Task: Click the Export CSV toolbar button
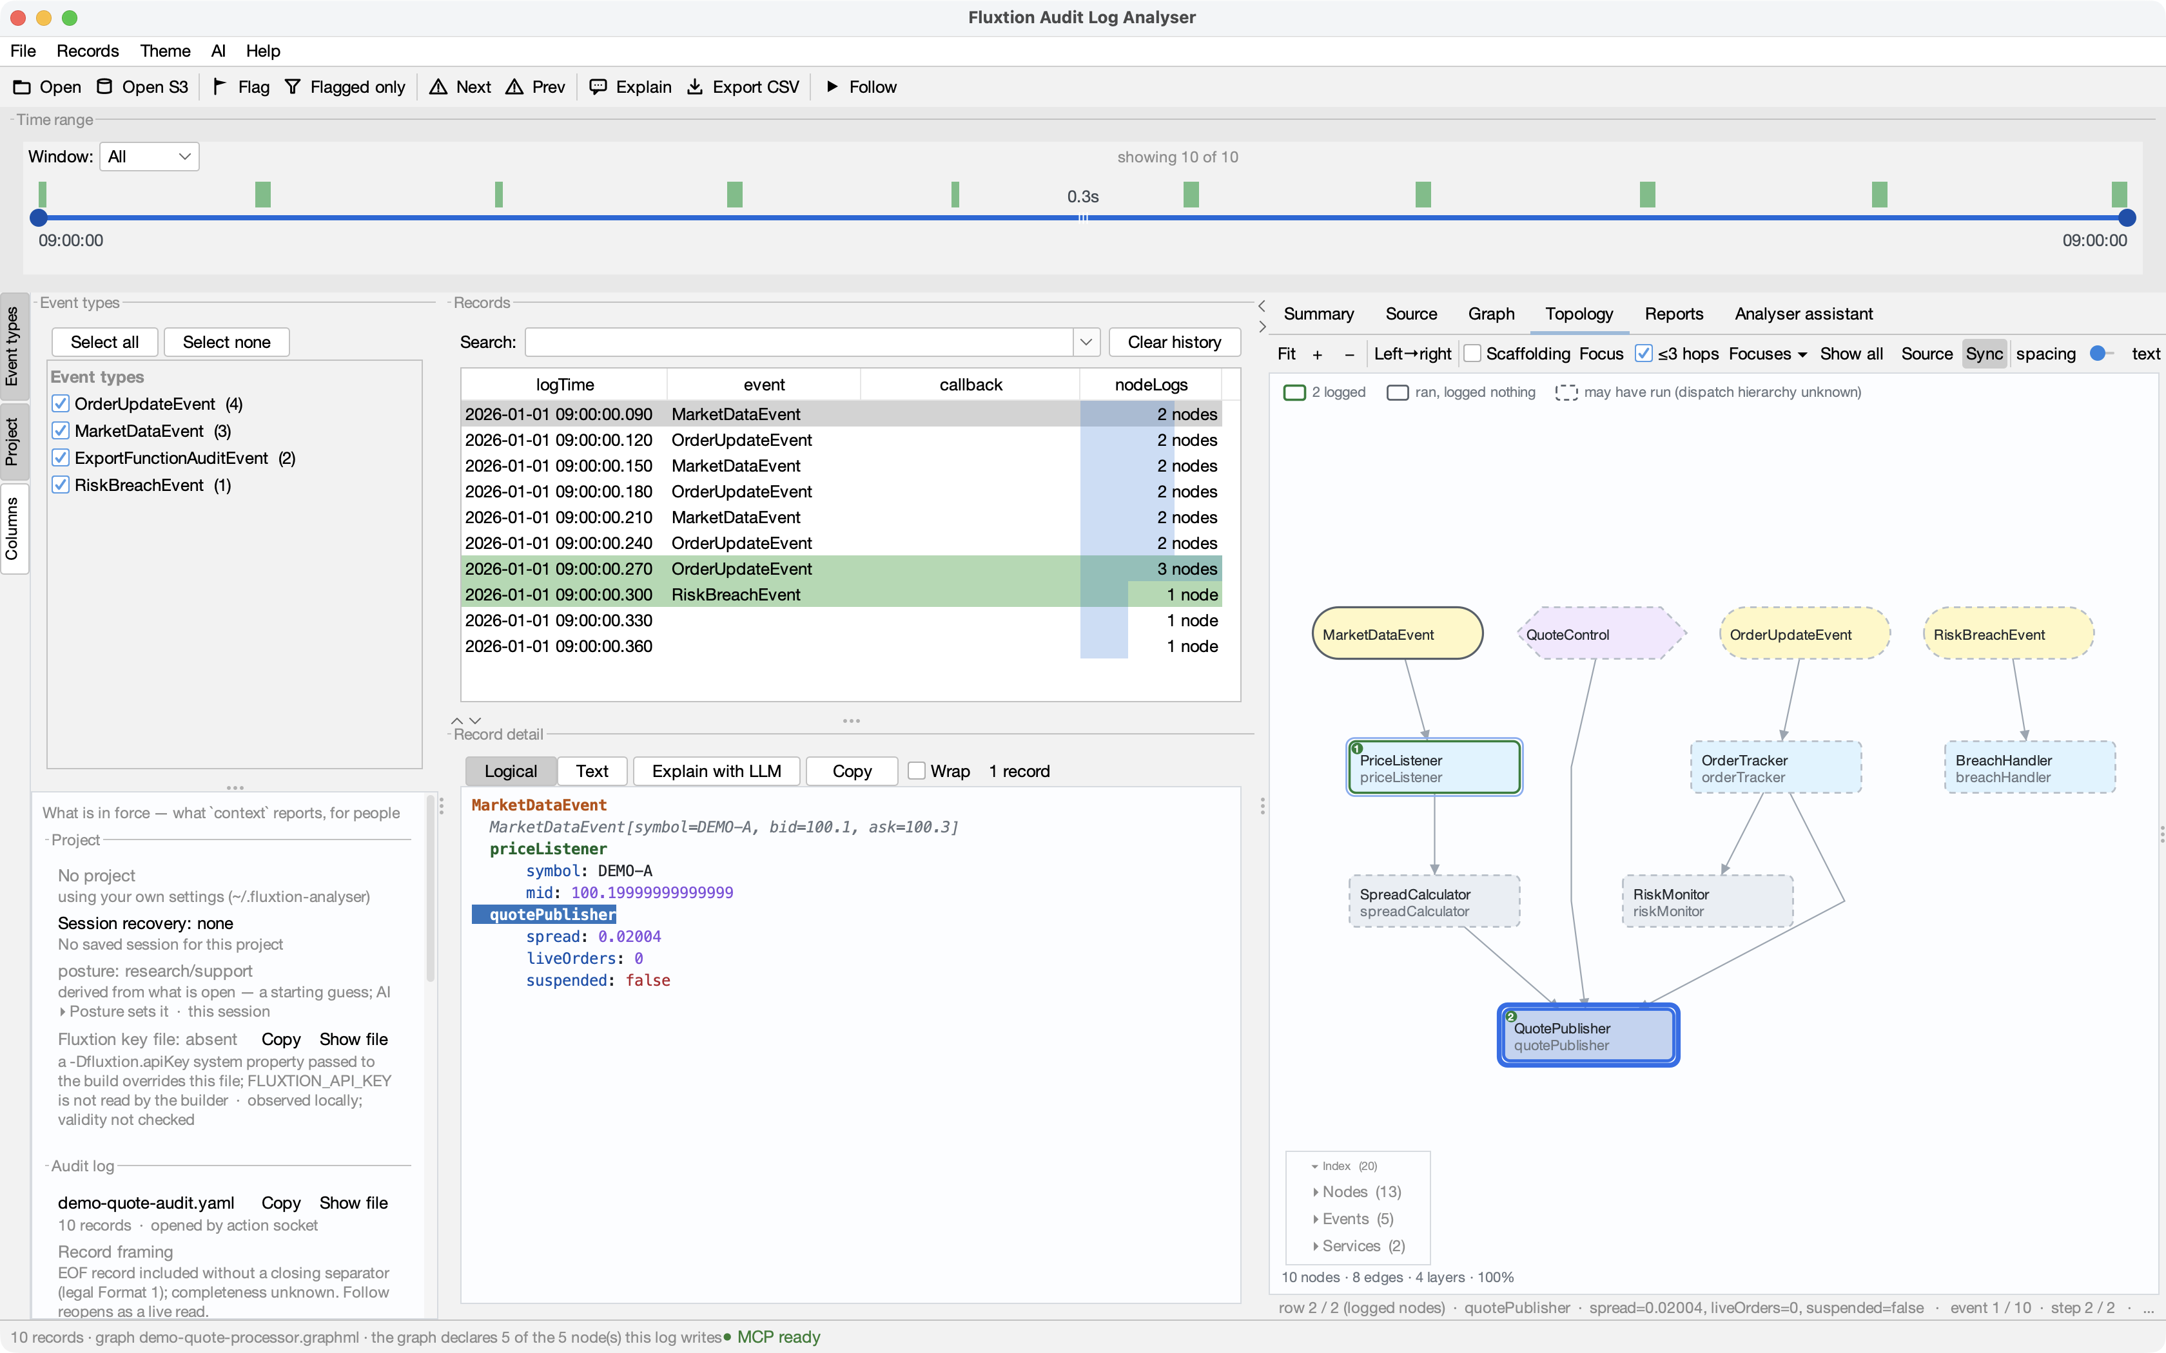click(x=743, y=87)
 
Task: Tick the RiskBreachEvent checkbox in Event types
click(x=61, y=485)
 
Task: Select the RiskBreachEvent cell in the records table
click(x=736, y=595)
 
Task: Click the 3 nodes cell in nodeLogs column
click(x=1151, y=569)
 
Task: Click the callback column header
click(x=970, y=385)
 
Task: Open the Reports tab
click(x=1673, y=314)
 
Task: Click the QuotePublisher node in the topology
click(x=1588, y=1035)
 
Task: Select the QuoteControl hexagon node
click(x=1601, y=635)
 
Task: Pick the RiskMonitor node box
click(x=1707, y=902)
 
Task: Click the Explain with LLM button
click(x=716, y=771)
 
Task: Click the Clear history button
click(x=1175, y=342)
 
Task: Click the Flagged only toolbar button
click(x=345, y=87)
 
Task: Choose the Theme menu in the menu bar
click(x=164, y=51)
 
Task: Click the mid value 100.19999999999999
click(x=652, y=893)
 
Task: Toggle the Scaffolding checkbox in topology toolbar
click(x=1472, y=354)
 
